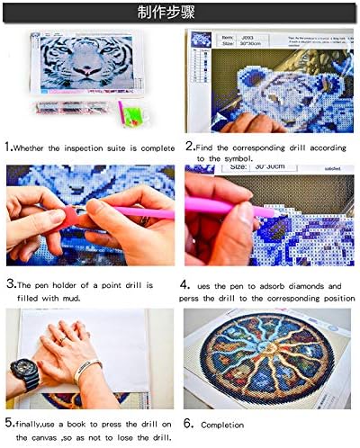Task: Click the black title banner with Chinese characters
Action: [x=180, y=12]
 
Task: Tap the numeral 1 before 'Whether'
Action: [x=9, y=147]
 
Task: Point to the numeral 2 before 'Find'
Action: [x=190, y=146]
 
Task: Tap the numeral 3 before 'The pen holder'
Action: [x=9, y=283]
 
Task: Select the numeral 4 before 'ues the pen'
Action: [x=190, y=284]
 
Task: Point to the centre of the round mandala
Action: [x=271, y=360]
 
